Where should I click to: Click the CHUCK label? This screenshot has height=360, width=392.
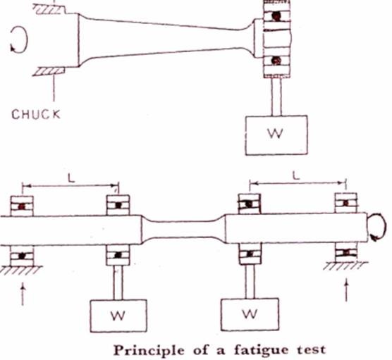click(x=36, y=114)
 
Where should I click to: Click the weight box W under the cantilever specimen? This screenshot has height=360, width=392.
click(x=276, y=135)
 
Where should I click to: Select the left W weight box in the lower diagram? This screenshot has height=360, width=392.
click(x=118, y=316)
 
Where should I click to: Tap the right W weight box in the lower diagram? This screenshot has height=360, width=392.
click(x=250, y=314)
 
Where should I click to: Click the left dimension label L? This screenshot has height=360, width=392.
click(x=71, y=178)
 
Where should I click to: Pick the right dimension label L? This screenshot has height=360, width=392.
click(x=296, y=176)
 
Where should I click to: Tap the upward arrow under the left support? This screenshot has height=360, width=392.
click(x=23, y=294)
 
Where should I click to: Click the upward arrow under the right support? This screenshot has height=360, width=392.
click(x=346, y=291)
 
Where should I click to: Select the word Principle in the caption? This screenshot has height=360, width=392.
click(x=149, y=350)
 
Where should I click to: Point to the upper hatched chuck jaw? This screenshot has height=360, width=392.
click(x=49, y=9)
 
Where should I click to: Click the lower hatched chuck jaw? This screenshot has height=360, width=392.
click(x=49, y=71)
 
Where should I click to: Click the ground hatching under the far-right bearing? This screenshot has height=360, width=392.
click(x=345, y=266)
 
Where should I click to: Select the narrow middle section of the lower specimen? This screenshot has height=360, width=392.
click(x=184, y=229)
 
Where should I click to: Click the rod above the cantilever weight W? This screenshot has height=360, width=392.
click(x=276, y=97)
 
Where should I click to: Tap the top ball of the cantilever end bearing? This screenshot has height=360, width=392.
click(x=276, y=16)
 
